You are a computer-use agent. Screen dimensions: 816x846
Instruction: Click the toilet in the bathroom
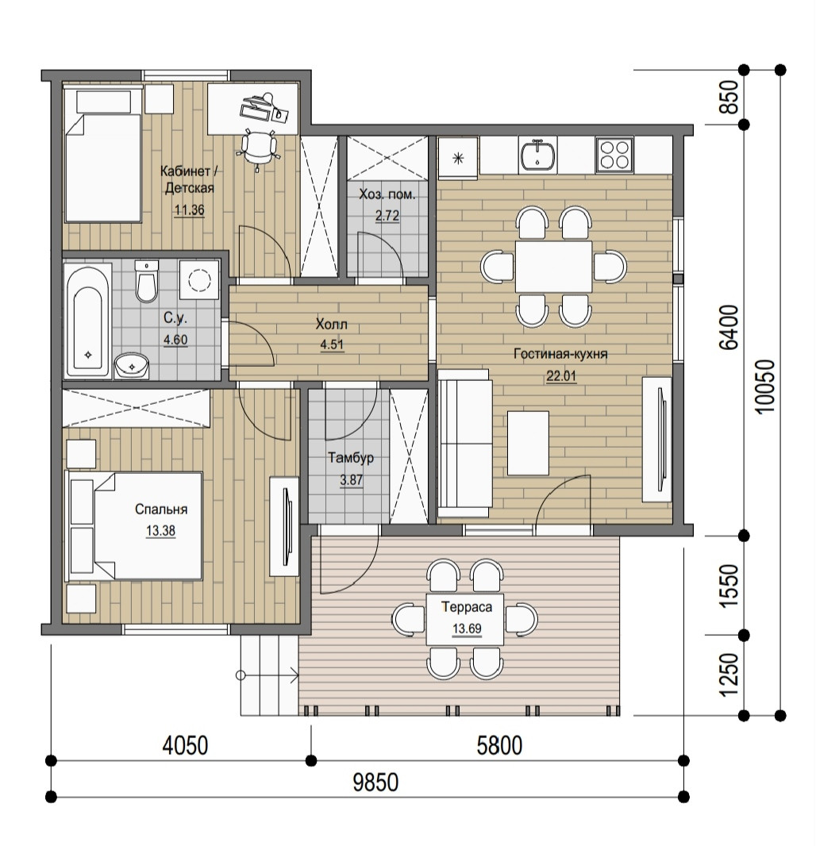tap(146, 281)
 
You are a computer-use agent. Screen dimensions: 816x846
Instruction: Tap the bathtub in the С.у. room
tap(89, 321)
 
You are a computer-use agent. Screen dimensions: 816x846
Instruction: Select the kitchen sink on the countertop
tap(537, 154)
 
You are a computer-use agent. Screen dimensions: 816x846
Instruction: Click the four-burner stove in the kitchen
tap(614, 154)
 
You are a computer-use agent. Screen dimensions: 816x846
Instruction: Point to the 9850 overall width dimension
tap(375, 782)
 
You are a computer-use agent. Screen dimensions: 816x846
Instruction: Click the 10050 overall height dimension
tap(765, 386)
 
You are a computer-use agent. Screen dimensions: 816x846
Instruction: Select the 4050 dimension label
tap(185, 746)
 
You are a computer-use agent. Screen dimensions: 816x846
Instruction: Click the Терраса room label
tap(467, 607)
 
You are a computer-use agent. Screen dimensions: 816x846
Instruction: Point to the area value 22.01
tap(561, 376)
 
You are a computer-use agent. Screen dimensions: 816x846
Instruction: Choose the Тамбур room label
tap(351, 458)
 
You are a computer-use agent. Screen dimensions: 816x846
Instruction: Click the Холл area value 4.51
tap(332, 344)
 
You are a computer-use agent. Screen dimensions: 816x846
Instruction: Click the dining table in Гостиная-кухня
tap(553, 267)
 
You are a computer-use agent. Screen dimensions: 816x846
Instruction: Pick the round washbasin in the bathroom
tap(131, 366)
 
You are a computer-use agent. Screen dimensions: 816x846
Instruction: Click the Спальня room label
tap(161, 510)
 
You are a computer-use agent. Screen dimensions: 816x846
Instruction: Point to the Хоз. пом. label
tap(387, 194)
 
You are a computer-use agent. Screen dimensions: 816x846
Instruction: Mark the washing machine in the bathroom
tap(199, 279)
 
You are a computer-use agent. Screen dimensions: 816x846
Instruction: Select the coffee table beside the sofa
tap(528, 444)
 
